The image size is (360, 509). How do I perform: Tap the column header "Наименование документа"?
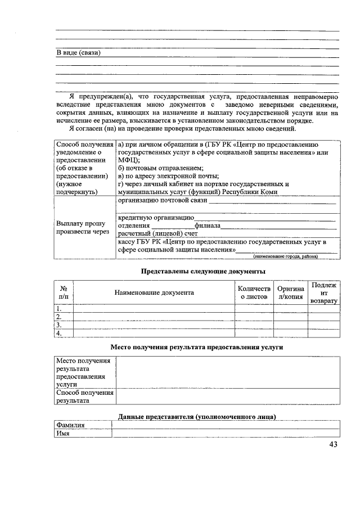pyautogui.click(x=154, y=292)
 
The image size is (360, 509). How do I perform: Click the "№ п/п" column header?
pyautogui.click(x=64, y=292)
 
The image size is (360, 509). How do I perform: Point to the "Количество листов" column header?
pyautogui.click(x=254, y=292)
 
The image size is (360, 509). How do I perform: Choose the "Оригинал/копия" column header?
pyautogui.click(x=290, y=292)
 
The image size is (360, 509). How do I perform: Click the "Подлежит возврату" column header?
pyautogui.click(x=323, y=293)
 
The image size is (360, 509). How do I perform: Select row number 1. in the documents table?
pyautogui.click(x=58, y=308)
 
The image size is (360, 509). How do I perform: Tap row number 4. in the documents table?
pyautogui.click(x=58, y=334)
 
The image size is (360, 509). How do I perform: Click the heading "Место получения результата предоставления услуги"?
pyautogui.click(x=196, y=347)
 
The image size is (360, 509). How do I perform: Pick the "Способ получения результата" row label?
pyautogui.click(x=84, y=397)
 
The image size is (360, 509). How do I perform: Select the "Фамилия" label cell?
pyautogui.click(x=70, y=425)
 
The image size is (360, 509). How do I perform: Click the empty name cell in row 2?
pyautogui.click(x=154, y=317)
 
